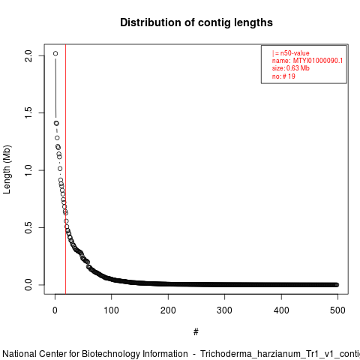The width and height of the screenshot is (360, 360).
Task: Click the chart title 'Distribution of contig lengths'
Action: [x=196, y=22]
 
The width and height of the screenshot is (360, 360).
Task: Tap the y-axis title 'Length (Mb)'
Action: [x=7, y=169]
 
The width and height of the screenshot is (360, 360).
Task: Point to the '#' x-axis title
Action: [x=196, y=331]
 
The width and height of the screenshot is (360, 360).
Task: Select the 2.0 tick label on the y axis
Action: [x=28, y=55]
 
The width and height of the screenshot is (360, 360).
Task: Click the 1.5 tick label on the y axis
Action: [x=28, y=112]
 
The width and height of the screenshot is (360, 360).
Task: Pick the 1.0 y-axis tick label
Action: [x=28, y=170]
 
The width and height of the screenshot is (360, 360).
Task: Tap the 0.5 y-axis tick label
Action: [x=28, y=227]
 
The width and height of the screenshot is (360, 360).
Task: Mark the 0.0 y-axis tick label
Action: [x=28, y=285]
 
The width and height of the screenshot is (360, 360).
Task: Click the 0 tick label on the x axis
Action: [x=55, y=310]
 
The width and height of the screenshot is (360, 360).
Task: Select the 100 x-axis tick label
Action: [x=112, y=310]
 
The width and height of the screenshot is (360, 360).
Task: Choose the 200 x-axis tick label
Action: [x=168, y=310]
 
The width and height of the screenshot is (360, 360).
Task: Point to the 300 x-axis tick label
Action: [x=225, y=310]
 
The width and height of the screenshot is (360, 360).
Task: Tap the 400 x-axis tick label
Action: [x=281, y=310]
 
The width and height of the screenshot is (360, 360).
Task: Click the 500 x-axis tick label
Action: [x=337, y=310]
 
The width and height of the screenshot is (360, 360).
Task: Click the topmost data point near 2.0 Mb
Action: [x=55, y=53]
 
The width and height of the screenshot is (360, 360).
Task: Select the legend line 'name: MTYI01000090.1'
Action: [x=307, y=61]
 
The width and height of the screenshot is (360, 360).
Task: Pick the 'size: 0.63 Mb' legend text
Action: [x=291, y=68]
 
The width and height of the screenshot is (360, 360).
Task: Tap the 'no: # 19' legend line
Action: [x=283, y=76]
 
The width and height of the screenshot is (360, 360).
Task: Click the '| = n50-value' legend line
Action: [x=291, y=53]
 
